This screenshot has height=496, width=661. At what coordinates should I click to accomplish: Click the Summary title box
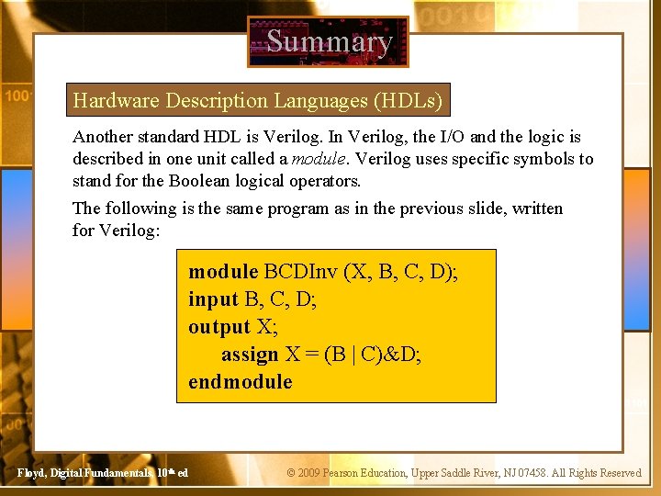pos(328,42)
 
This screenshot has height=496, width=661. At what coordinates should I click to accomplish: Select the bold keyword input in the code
pos(213,299)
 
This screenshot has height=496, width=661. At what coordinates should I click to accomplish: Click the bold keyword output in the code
pos(218,327)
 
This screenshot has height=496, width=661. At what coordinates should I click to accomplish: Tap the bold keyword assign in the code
pos(249,355)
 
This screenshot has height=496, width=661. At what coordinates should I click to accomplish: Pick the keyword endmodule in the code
pos(241,382)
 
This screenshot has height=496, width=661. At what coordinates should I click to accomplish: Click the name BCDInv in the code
pos(300,272)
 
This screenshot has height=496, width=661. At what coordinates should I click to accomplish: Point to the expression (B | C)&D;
pos(373,355)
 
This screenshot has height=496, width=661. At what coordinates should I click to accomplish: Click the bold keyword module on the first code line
pos(223,272)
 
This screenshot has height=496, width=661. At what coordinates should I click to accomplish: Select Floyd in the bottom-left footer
pos(32,473)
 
